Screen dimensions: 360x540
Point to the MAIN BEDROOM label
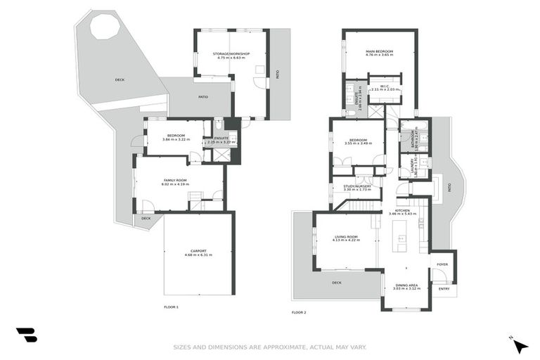click(x=379, y=51)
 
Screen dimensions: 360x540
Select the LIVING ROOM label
click(x=345, y=237)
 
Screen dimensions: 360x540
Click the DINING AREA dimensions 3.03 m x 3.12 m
click(x=406, y=289)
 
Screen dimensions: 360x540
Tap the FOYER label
click(x=442, y=264)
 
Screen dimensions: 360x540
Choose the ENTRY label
click(x=444, y=288)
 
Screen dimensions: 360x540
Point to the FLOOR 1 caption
click(x=172, y=307)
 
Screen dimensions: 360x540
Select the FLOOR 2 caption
click(x=300, y=312)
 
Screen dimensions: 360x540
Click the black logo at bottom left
click(x=26, y=335)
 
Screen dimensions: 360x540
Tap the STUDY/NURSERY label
click(x=357, y=186)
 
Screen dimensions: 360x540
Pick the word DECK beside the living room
click(x=337, y=283)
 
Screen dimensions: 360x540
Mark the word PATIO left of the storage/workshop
click(x=202, y=96)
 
